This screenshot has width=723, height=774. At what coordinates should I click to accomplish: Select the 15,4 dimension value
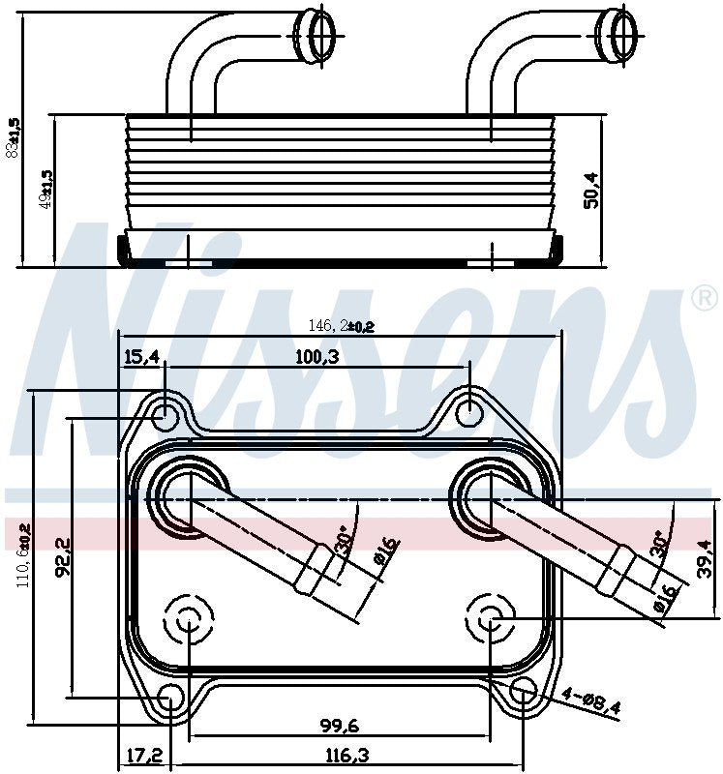click(x=141, y=357)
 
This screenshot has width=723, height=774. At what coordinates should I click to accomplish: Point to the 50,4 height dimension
click(x=591, y=190)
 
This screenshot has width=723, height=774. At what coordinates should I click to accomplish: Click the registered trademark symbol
click(x=704, y=298)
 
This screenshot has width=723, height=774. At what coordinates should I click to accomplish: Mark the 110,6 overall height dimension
click(x=23, y=553)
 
